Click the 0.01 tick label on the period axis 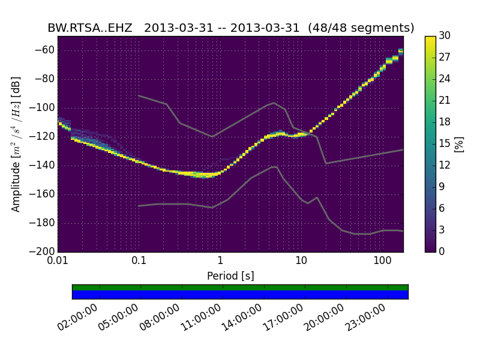coord(58,261)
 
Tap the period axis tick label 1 coord(220,261)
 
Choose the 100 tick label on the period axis coord(382,261)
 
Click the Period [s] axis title coord(230,276)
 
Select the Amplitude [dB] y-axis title coord(16,144)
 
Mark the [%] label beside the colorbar coord(460,144)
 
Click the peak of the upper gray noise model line coord(274,103)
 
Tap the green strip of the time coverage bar coord(240,287)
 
